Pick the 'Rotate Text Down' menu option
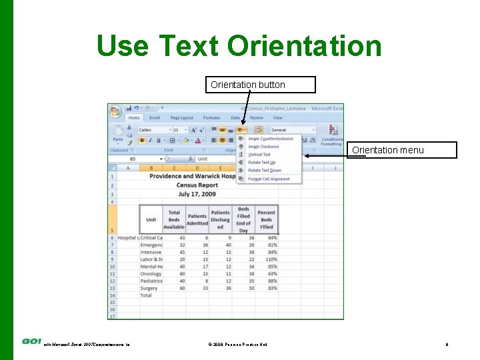pos(264,171)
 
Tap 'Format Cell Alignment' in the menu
pos(268,179)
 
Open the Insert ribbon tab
pos(155,118)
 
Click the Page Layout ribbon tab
pos(182,118)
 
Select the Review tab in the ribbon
pos(256,118)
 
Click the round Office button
pos(115,111)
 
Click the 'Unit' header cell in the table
pos(151,219)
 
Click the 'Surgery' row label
pos(149,288)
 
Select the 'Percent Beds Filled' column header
pos(267,219)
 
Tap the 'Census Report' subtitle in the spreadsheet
pos(197,185)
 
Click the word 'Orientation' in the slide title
pos(304,46)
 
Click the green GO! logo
pos(32,341)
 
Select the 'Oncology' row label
pos(151,273)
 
